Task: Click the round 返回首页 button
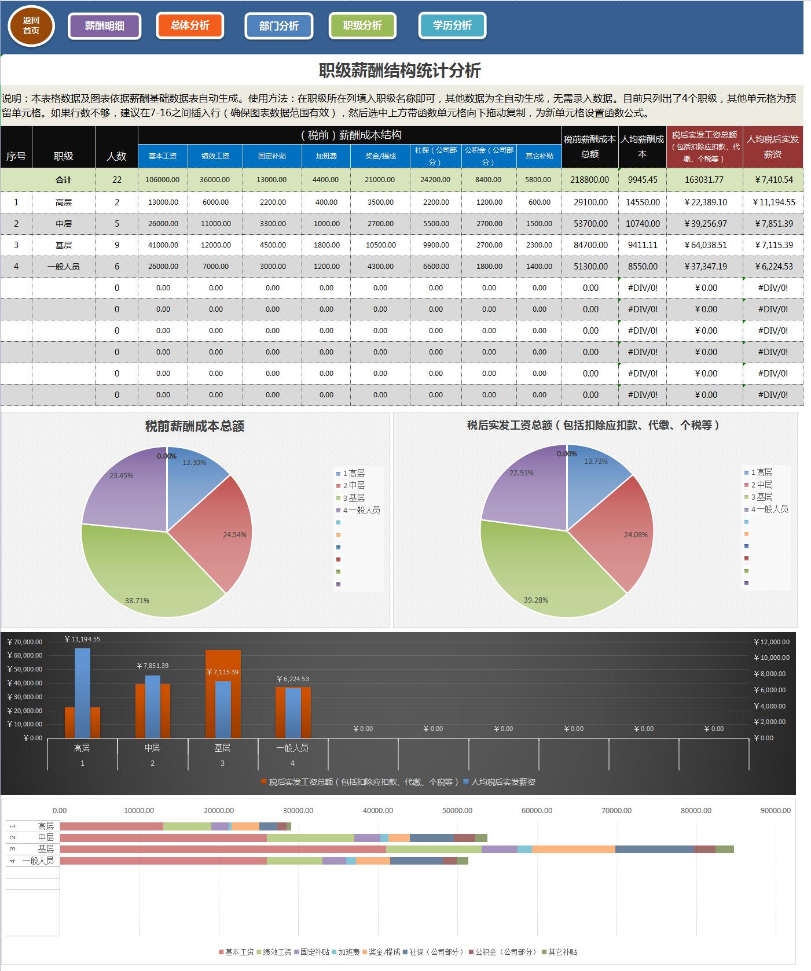[x=31, y=26]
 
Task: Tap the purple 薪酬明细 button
[x=105, y=26]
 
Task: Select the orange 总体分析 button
[x=190, y=25]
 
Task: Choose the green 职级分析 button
[x=362, y=25]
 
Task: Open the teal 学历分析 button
[x=452, y=25]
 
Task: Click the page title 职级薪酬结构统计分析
[x=400, y=71]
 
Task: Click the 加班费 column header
[x=326, y=156]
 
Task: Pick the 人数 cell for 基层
[x=117, y=245]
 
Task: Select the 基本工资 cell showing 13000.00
[x=163, y=202]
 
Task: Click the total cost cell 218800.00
[x=589, y=180]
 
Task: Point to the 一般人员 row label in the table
[x=64, y=267]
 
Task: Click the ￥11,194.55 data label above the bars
[x=82, y=639]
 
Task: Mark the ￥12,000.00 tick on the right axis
[x=772, y=642]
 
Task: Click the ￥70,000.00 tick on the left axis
[x=25, y=642]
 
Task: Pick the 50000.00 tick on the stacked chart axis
[x=457, y=811]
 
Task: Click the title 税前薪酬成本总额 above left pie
[x=195, y=426]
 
